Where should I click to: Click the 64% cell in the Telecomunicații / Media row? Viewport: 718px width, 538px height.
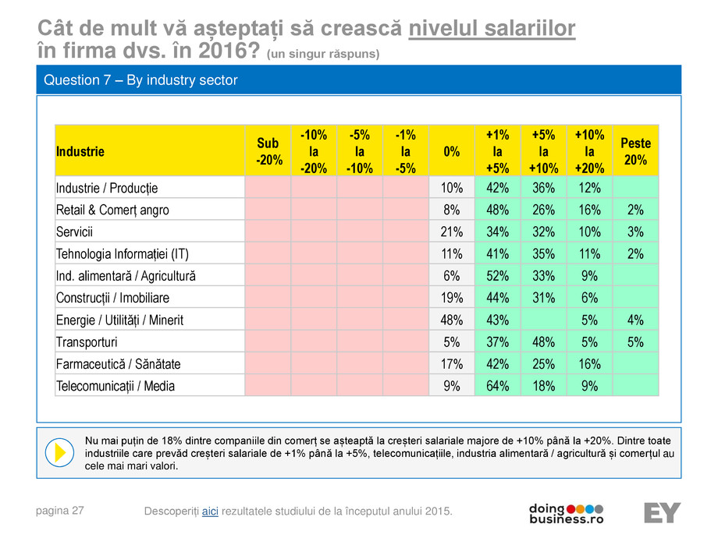pyautogui.click(x=497, y=385)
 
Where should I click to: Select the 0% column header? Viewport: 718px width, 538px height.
pyautogui.click(x=451, y=150)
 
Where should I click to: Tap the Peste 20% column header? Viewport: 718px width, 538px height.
pyautogui.click(x=635, y=150)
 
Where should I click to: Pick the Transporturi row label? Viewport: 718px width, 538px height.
pyautogui.click(x=87, y=342)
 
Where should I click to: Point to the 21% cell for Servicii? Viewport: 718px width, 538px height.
pyautogui.click(x=451, y=232)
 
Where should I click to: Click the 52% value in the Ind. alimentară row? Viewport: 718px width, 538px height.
pyautogui.click(x=497, y=275)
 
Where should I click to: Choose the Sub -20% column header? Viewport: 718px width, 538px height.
pyautogui.click(x=268, y=150)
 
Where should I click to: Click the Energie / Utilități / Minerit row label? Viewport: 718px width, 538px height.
pyautogui.click(x=119, y=320)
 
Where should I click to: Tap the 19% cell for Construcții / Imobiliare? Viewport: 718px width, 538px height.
pyautogui.click(x=451, y=297)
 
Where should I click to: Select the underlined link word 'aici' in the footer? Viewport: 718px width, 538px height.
pyautogui.click(x=210, y=511)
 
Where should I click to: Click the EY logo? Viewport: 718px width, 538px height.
pyautogui.click(x=662, y=512)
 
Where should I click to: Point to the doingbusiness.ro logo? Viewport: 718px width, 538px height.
pyautogui.click(x=567, y=512)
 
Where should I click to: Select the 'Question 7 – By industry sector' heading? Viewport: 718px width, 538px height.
pyautogui.click(x=141, y=80)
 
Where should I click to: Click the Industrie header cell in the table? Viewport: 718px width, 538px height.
pyautogui.click(x=80, y=150)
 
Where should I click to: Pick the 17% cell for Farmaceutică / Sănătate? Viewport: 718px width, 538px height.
pyautogui.click(x=451, y=363)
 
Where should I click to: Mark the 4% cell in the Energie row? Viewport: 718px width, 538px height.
pyautogui.click(x=635, y=320)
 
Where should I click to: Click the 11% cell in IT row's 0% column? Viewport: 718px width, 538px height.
pyautogui.click(x=451, y=253)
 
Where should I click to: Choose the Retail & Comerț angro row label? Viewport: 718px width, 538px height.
pyautogui.click(x=112, y=210)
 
